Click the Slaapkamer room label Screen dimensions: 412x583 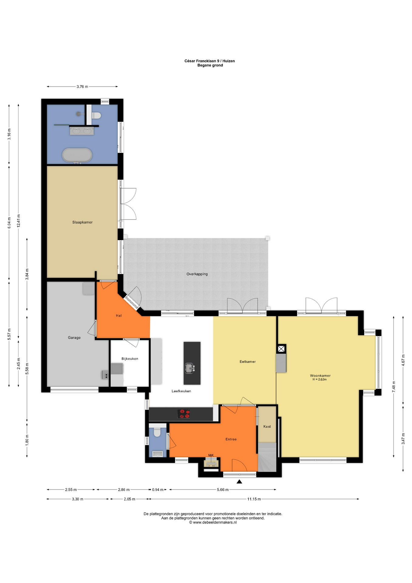(x=82, y=222)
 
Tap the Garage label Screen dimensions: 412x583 (x=74, y=338)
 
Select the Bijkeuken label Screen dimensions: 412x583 (x=130, y=359)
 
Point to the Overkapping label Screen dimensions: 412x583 (x=197, y=274)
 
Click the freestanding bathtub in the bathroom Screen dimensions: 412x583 (x=77, y=155)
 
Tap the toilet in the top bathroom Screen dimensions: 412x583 (x=96, y=115)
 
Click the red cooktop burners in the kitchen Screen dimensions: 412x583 (x=184, y=414)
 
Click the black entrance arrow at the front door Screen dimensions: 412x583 (x=239, y=481)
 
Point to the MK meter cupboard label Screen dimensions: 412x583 (x=211, y=455)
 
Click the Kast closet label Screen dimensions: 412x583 (x=267, y=427)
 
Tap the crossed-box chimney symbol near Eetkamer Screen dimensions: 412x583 (x=281, y=349)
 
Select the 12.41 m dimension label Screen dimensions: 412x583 (x=19, y=221)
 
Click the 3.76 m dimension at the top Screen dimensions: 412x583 (x=82, y=87)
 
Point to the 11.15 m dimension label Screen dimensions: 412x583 (x=254, y=499)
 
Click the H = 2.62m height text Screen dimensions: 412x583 (x=320, y=380)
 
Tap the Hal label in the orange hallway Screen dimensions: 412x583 (x=119, y=315)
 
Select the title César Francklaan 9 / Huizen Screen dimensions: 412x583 (x=210, y=61)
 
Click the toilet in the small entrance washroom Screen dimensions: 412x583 (x=157, y=432)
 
